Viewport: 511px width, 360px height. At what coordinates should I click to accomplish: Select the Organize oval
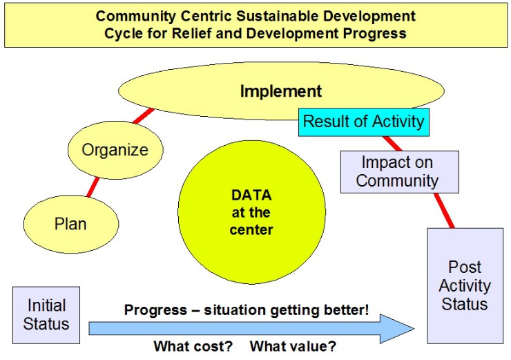tap(115, 150)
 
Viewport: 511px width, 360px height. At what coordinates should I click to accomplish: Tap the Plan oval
tap(71, 224)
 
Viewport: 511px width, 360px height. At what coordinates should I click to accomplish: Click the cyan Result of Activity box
tap(364, 122)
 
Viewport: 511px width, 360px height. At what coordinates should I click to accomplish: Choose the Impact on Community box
tap(400, 172)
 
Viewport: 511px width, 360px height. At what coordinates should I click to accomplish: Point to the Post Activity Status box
tap(465, 285)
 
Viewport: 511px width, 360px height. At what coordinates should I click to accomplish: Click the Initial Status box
tap(46, 315)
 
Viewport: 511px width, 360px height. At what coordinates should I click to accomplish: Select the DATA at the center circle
tap(251, 212)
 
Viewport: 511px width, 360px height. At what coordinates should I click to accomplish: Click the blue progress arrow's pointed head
tap(414, 329)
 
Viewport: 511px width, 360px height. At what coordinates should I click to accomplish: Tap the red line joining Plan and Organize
tap(93, 187)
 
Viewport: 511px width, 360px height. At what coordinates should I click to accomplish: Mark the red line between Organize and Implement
tap(144, 115)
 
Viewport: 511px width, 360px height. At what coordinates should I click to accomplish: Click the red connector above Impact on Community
tap(392, 144)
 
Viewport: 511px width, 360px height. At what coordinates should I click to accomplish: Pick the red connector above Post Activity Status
tap(444, 211)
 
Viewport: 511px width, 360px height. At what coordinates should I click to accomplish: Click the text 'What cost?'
tap(193, 346)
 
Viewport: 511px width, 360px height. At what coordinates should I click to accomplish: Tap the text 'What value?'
tap(293, 346)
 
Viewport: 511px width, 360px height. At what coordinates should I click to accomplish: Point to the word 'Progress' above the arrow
tap(156, 310)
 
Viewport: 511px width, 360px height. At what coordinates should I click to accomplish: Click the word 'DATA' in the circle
tap(251, 196)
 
